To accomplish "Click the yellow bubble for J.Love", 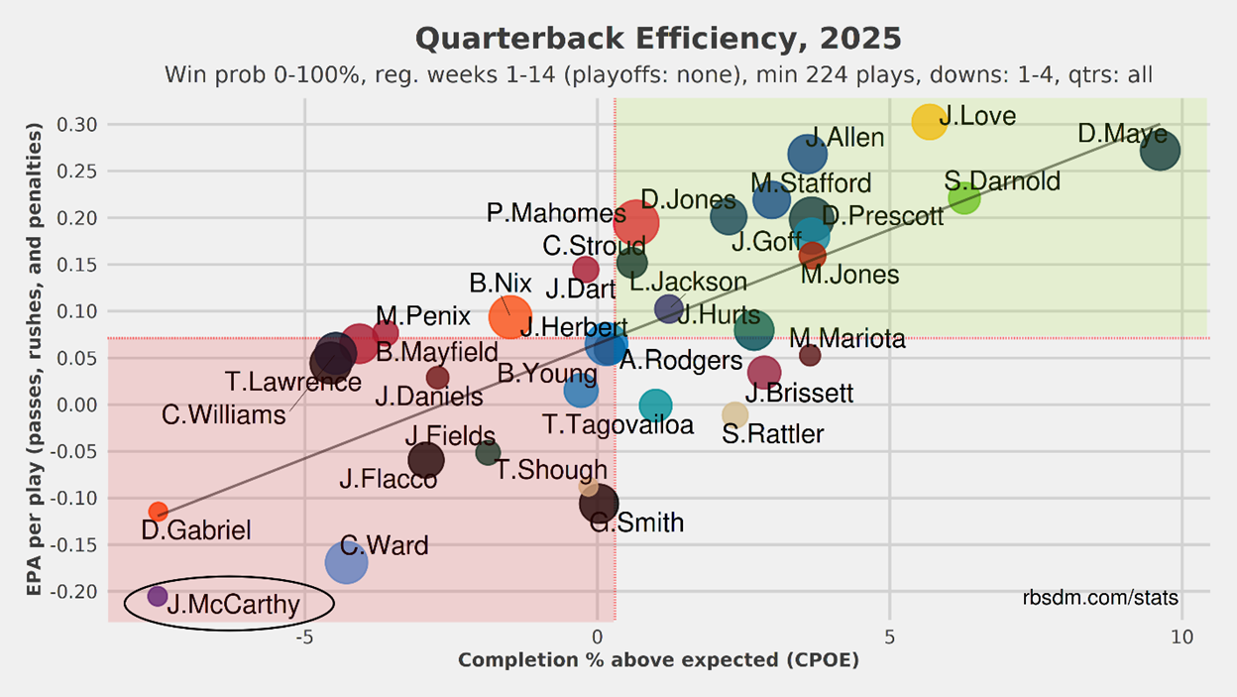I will point(929,121).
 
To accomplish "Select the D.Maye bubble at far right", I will point(1160,152).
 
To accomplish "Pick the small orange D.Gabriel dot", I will point(158,512).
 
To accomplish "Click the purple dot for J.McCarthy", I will point(158,596).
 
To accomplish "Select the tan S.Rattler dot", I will point(734,414).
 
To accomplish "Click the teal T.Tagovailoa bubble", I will point(655,405).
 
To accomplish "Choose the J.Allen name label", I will point(843,137).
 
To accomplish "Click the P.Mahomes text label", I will point(556,213).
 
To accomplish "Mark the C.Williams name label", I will point(224,415).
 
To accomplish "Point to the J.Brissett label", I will point(799,394).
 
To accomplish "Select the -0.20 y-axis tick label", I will point(75,591).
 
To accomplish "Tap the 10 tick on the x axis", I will point(1182,637).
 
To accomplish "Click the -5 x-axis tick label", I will point(304,637).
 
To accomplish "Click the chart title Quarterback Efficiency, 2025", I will point(658,40).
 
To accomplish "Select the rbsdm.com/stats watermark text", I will point(1100,598).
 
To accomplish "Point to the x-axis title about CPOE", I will point(658,660).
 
